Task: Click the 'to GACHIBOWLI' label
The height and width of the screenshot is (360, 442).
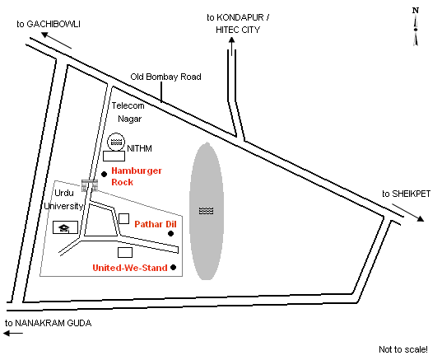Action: (49, 24)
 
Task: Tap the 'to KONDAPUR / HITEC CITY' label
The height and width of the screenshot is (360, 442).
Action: (238, 23)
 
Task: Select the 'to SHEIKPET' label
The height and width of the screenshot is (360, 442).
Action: (407, 194)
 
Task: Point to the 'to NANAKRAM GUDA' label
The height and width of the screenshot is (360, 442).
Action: (49, 323)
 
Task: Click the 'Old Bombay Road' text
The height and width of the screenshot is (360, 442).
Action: (165, 77)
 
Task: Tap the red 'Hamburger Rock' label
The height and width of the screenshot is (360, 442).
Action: (137, 176)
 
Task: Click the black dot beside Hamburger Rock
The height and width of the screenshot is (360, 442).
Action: (104, 175)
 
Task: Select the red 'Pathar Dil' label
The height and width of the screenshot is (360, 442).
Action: (156, 224)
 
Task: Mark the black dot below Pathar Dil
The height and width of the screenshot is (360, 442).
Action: (171, 234)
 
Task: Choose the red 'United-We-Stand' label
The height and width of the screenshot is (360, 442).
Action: (130, 268)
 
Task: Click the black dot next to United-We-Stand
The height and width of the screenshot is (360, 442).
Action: (174, 267)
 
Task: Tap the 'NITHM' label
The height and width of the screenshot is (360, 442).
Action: (140, 148)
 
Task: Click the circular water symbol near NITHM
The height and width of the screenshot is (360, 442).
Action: (116, 142)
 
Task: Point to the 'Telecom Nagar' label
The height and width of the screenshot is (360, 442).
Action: (128, 112)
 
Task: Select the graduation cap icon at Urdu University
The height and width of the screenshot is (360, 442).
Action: (65, 227)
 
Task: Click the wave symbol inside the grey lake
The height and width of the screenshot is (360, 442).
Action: (207, 211)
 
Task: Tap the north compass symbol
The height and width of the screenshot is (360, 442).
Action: (416, 26)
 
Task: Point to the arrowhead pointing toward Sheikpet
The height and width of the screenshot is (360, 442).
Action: (420, 218)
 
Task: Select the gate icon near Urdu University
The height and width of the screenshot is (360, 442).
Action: (90, 185)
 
